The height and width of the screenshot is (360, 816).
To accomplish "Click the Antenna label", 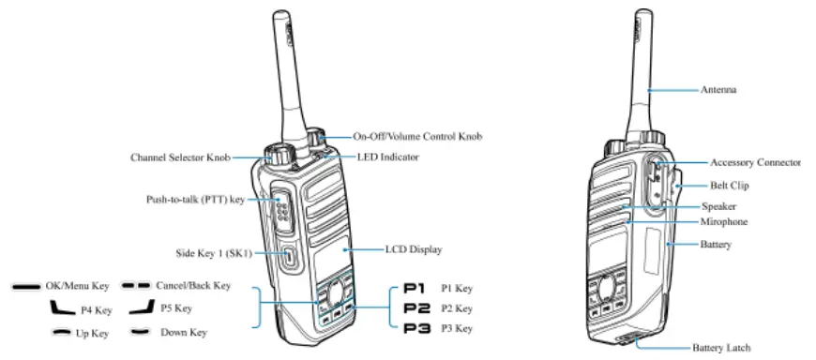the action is point(718,90).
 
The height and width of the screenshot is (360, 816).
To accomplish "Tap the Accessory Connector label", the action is point(755,162).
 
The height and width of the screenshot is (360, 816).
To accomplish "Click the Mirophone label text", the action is point(724,222).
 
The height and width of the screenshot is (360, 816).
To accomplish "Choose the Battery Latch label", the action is point(721,348).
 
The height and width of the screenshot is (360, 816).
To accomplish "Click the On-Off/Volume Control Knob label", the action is point(417,137).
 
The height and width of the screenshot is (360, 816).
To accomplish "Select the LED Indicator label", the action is point(387,157).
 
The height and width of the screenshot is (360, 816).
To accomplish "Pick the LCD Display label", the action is point(414,250).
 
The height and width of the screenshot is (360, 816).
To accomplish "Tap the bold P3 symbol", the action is point(416,328).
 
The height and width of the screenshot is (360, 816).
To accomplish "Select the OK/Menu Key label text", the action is point(78,285).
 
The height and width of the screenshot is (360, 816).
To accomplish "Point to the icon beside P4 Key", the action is point(64,307).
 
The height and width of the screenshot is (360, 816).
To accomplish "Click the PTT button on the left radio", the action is point(282,211).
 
